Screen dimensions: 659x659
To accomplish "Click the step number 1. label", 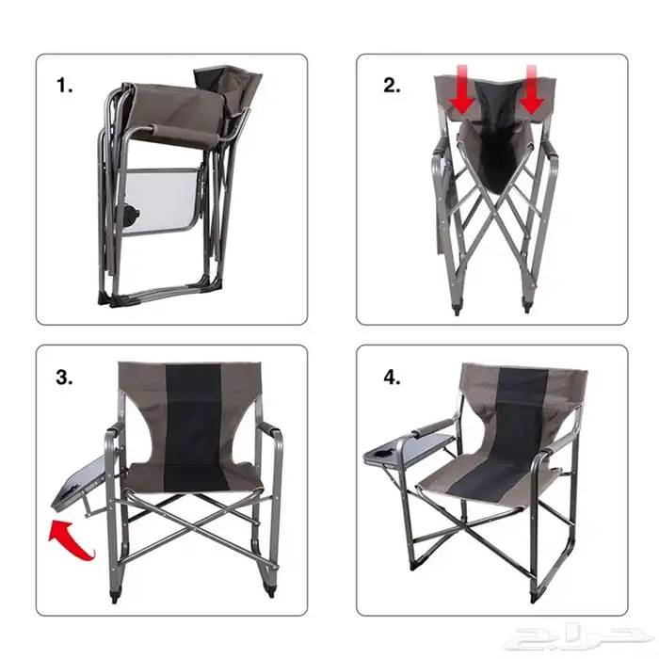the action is tap(64, 86).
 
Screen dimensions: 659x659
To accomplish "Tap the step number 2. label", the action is tap(392, 86).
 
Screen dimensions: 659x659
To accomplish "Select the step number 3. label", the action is tap(64, 378).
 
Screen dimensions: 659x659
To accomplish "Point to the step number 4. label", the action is tap(392, 378).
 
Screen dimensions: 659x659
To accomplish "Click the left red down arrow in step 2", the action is tap(462, 89).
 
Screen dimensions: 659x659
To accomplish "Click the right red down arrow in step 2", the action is tap(532, 89).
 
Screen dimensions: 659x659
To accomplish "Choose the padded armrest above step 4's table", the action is tap(433, 427).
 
